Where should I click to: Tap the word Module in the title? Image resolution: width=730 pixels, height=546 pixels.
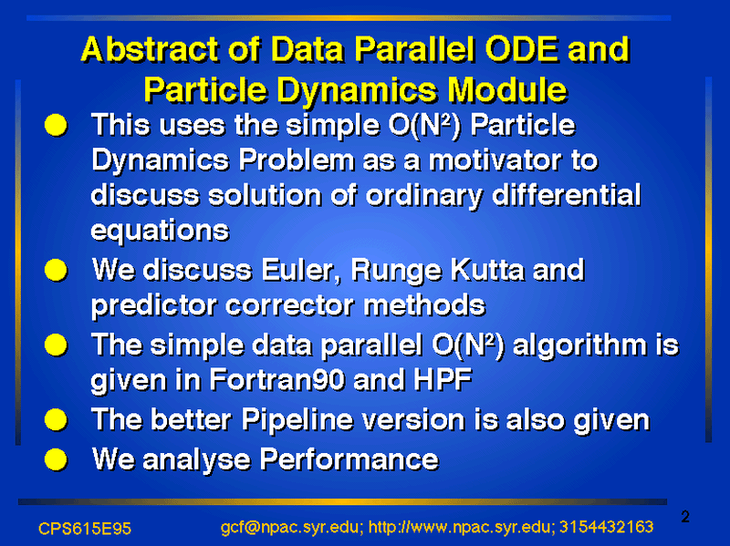[507, 88]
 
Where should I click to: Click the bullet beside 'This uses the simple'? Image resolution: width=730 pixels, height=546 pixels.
[56, 125]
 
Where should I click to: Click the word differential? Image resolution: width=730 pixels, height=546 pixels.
[566, 195]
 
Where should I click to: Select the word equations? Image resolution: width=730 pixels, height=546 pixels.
[161, 232]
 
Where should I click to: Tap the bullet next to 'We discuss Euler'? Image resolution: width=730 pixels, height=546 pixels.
[56, 270]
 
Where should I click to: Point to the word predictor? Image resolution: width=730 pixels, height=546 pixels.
[154, 306]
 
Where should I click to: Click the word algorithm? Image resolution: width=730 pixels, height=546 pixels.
[579, 345]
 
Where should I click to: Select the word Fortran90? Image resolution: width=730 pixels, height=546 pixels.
[277, 380]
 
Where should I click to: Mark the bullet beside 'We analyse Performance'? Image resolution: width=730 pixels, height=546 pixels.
[56, 460]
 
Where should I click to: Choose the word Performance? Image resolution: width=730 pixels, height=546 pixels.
[349, 460]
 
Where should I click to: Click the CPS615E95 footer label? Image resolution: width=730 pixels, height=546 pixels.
[85, 529]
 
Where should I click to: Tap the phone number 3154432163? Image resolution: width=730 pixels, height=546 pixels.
[606, 527]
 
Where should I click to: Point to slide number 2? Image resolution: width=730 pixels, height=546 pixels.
[685, 517]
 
